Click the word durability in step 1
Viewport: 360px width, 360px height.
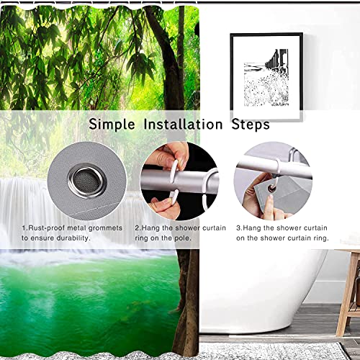94,237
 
